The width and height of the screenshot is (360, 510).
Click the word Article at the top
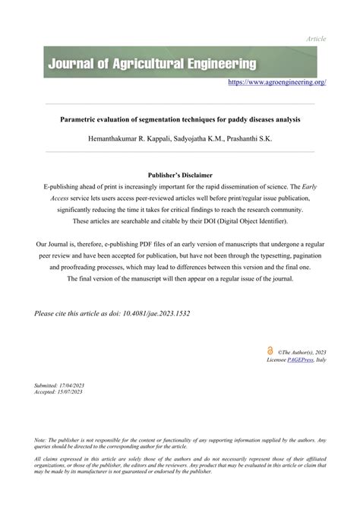(315, 38)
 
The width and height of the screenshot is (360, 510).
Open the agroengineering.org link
(277, 81)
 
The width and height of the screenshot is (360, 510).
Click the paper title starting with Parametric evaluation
(180, 120)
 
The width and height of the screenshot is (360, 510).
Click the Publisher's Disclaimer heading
(180, 174)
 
